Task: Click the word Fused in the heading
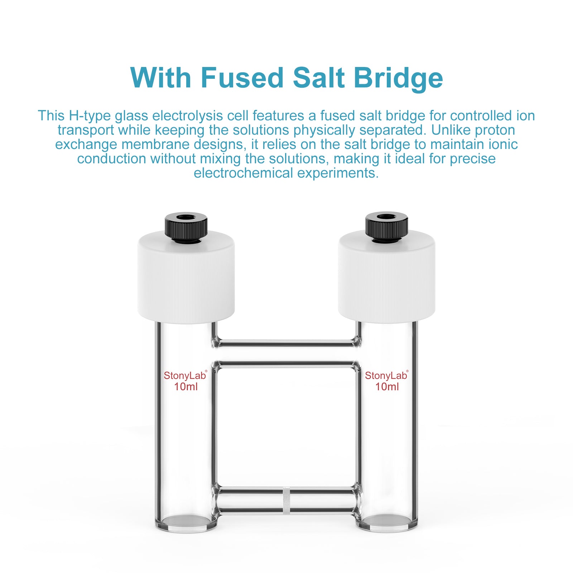[x=242, y=78]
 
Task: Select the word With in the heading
[x=161, y=78]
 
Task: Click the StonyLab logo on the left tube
[x=185, y=376]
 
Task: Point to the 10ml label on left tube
[x=186, y=387]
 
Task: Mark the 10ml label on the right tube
[x=387, y=387]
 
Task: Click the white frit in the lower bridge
[x=286, y=500]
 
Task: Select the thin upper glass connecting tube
[x=286, y=343]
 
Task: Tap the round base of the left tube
[x=186, y=522]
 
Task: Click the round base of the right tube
[x=387, y=522]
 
